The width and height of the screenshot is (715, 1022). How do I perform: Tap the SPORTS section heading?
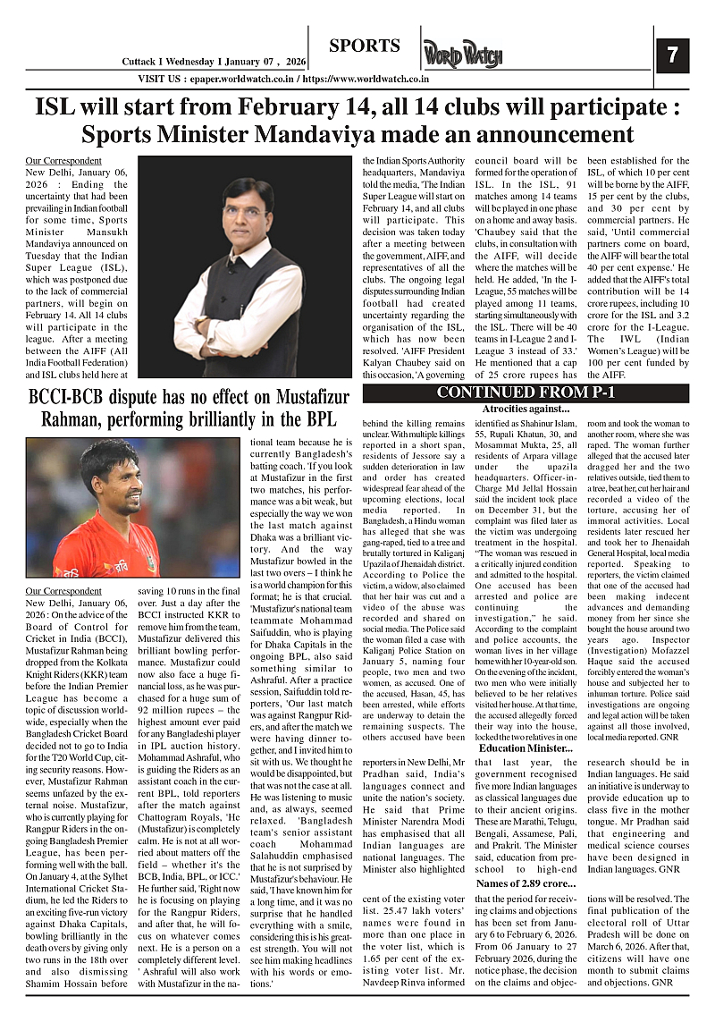coord(364,46)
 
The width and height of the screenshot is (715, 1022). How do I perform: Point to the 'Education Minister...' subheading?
coord(526,747)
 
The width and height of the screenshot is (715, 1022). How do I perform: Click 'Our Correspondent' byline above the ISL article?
coord(63,161)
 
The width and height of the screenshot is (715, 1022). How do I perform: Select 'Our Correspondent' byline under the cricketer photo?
coord(63,591)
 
